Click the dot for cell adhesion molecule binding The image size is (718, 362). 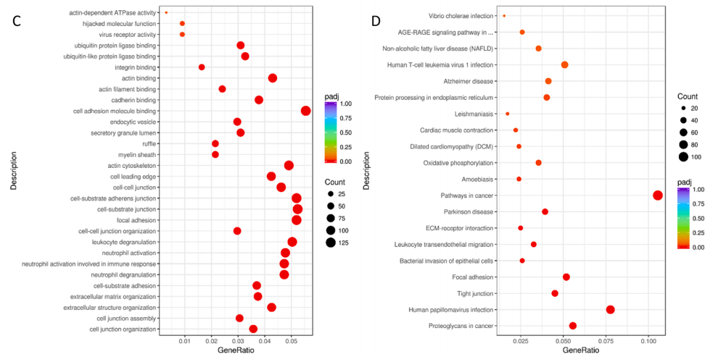point(305,111)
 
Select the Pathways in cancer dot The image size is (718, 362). point(658,195)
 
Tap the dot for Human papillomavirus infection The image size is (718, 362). point(610,310)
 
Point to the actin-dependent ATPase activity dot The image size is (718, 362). point(166,12)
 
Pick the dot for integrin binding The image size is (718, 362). point(202,67)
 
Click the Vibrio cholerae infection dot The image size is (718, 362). point(504,15)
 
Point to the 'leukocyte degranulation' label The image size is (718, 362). point(122,242)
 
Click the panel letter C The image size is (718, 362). point(18,20)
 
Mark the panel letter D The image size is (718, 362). point(376,20)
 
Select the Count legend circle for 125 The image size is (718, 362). point(331,243)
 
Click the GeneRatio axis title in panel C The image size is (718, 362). point(236,351)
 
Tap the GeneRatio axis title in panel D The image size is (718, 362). point(581,351)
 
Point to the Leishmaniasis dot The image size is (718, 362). point(508,114)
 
